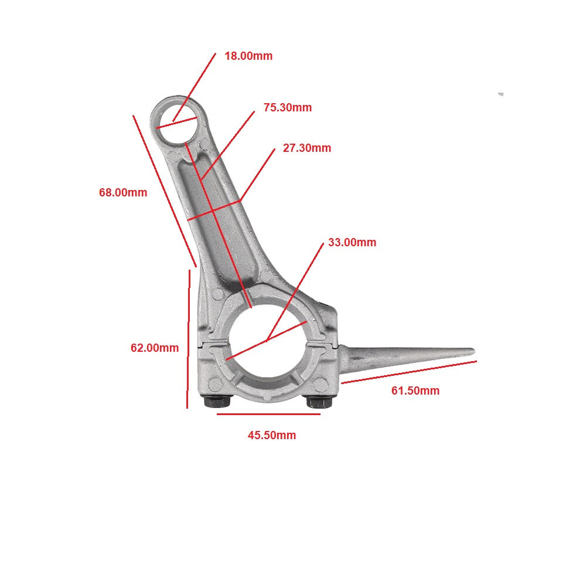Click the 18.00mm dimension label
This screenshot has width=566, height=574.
(248, 56)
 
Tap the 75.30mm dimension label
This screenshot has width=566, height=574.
(288, 108)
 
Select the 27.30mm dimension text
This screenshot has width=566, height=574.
(307, 148)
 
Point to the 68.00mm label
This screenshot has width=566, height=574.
(123, 192)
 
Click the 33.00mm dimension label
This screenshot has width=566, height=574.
(352, 242)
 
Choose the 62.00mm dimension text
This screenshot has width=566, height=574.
(155, 348)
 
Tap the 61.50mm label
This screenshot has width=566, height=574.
(415, 390)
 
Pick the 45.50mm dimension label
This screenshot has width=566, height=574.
(272, 435)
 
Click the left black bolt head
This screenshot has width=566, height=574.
(217, 402)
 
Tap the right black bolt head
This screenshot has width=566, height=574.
(319, 402)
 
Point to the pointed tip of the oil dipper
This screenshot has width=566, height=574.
(474, 352)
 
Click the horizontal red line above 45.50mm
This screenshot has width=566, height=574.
(268, 415)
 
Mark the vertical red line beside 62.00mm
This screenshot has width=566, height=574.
(189, 339)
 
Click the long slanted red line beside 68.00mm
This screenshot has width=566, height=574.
(165, 191)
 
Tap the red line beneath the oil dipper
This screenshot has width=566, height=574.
(408, 372)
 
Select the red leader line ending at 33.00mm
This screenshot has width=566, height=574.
(295, 292)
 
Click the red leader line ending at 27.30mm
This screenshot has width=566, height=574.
(257, 175)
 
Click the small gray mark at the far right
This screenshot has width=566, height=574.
(500, 94)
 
